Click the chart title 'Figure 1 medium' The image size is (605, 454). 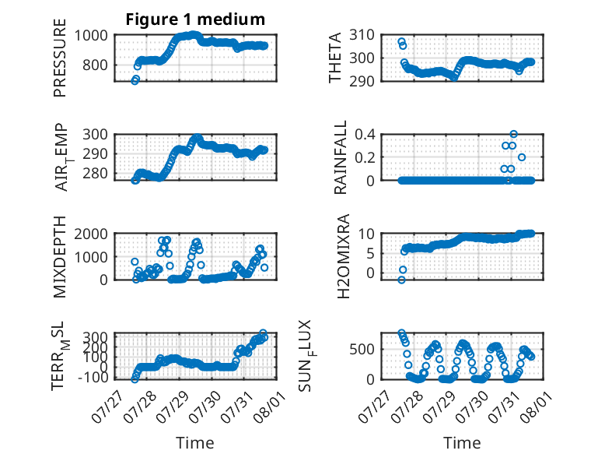click(x=195, y=19)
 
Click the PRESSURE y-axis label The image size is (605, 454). click(x=60, y=58)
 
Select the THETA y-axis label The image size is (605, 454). click(x=335, y=58)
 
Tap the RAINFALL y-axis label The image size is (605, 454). click(x=341, y=157)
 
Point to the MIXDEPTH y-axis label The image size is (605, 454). click(x=60, y=257)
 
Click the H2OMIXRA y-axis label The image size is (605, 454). click(x=343, y=256)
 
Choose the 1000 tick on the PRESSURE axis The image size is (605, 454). click(x=91, y=36)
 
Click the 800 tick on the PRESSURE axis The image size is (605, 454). click(x=96, y=65)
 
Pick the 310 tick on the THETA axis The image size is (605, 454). click(x=362, y=35)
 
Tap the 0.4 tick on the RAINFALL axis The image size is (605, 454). click(x=365, y=135)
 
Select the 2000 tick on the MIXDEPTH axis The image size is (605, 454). click(x=91, y=234)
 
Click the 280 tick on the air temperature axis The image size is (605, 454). click(x=96, y=174)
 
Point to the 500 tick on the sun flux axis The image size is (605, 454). click(x=362, y=350)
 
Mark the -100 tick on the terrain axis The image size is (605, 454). click(x=93, y=378)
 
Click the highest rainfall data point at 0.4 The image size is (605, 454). click(x=513, y=134)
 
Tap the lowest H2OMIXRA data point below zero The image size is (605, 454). click(x=402, y=280)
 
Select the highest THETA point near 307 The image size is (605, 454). click(x=402, y=41)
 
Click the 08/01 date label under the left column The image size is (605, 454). click(x=268, y=406)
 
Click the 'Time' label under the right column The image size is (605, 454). click(x=462, y=443)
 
